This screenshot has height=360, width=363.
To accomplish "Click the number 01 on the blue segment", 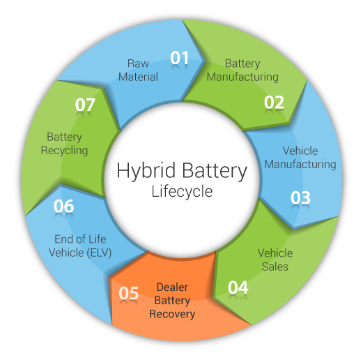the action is [179, 58].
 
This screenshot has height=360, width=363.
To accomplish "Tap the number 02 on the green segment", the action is [274, 102].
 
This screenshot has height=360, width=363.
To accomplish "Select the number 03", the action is [300, 197].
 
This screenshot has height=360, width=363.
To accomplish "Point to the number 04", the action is [238, 287].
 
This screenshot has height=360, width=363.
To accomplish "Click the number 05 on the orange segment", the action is [129, 293].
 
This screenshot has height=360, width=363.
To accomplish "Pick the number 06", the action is [63, 206].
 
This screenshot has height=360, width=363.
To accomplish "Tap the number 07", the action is [85, 105].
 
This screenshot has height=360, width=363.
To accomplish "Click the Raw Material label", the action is [138, 70].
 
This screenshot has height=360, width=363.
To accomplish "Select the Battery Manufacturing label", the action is [242, 70].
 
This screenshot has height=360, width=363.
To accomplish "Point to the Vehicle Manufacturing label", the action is [300, 158].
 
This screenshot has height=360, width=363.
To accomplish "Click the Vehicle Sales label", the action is [275, 260].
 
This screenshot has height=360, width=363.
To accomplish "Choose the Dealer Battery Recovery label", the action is [172, 301].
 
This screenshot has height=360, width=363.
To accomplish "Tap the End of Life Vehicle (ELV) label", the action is [80, 246].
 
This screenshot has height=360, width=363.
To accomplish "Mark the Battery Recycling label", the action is [64, 144].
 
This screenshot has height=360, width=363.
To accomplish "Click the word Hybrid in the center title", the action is [146, 171].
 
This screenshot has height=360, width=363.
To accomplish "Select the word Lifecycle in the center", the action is [182, 191].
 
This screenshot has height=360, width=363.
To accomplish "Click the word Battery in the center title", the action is [215, 171].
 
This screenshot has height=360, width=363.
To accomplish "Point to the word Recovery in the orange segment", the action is [172, 314].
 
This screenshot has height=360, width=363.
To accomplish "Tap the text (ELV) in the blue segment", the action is [99, 253].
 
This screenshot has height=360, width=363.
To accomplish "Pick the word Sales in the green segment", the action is [275, 267].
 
